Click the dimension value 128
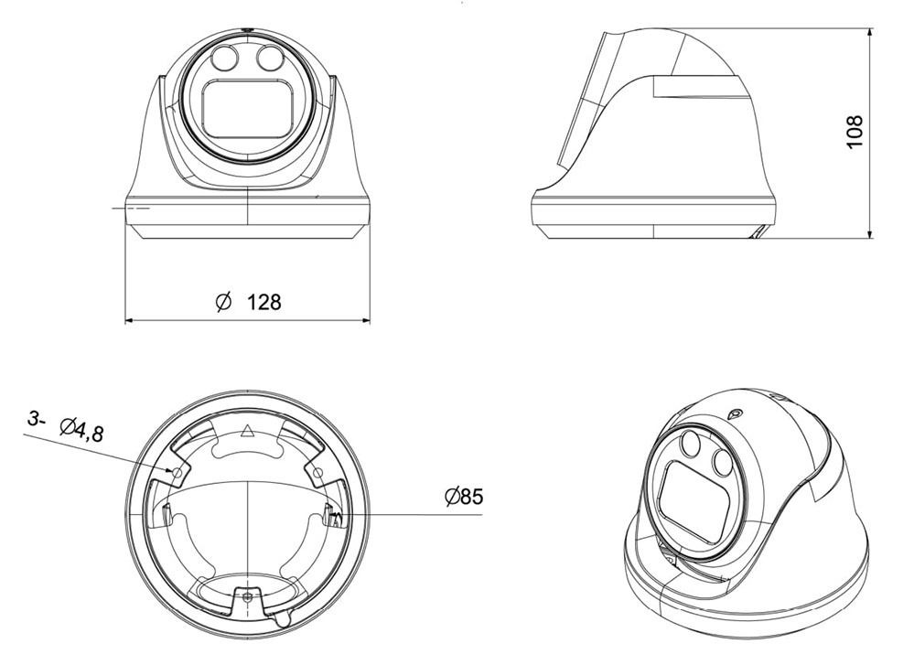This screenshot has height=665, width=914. (x=264, y=302)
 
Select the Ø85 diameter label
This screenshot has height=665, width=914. (x=464, y=497)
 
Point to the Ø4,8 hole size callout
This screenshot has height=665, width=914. (x=82, y=431)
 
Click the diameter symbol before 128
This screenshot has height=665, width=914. (x=224, y=301)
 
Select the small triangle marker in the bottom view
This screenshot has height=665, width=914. (x=248, y=431)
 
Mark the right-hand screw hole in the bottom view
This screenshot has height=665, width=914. (x=317, y=471)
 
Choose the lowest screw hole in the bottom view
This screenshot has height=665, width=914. (x=248, y=596)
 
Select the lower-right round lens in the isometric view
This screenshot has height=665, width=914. (x=722, y=463)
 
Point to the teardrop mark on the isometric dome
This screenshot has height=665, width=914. (x=735, y=414)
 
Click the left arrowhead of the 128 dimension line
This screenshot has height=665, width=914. (x=130, y=320)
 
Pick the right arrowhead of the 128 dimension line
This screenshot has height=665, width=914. (x=365, y=320)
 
